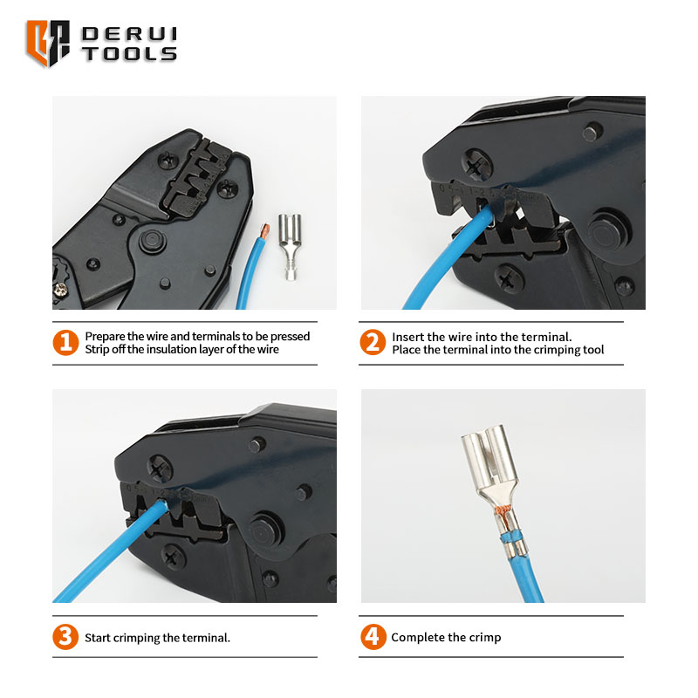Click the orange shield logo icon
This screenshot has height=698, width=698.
[48, 43]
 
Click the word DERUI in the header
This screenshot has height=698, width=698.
[129, 35]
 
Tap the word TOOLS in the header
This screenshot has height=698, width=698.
[129, 54]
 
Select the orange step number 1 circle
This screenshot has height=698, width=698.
[65, 342]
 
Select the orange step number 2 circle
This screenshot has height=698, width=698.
[373, 342]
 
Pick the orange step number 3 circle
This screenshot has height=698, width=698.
[65, 637]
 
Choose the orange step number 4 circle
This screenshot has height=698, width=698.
[373, 637]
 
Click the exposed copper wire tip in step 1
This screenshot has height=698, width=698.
[264, 230]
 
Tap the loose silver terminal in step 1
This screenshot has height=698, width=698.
[290, 247]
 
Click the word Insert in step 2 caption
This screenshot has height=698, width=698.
[406, 337]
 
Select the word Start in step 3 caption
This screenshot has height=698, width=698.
[98, 638]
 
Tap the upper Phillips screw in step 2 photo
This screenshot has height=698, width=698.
[477, 165]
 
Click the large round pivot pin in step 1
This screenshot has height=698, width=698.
[153, 242]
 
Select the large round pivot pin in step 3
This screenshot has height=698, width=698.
[265, 531]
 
